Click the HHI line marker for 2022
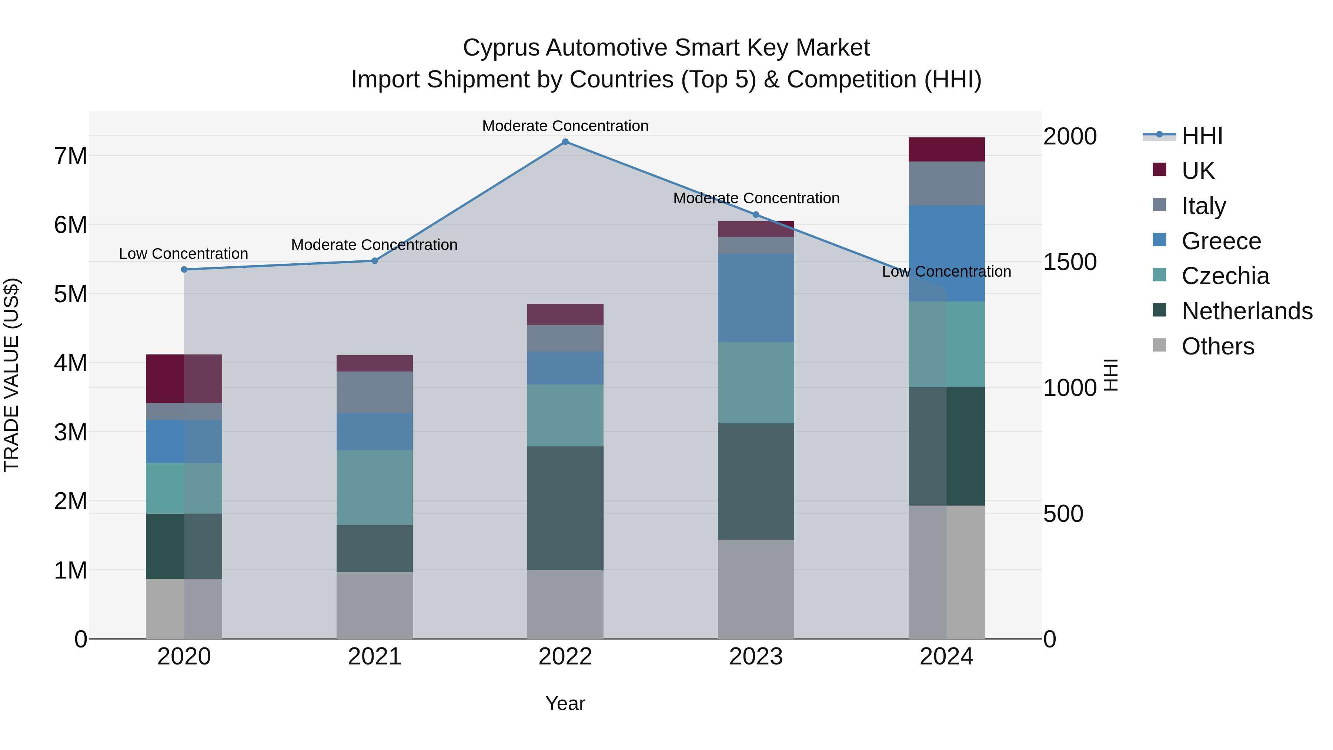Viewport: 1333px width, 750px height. (x=565, y=142)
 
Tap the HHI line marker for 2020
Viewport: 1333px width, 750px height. (x=184, y=270)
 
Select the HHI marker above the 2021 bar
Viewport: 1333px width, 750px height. (x=375, y=261)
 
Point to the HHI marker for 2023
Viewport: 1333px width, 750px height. (x=755, y=214)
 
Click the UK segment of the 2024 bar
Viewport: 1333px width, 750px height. (x=946, y=150)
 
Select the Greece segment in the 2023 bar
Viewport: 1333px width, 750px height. (x=755, y=298)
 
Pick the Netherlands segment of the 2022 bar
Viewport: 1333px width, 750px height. (x=565, y=508)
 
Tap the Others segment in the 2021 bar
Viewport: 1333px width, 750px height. (x=375, y=605)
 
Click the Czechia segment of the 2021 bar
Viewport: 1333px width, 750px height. (x=375, y=487)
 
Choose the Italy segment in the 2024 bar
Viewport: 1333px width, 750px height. (x=946, y=183)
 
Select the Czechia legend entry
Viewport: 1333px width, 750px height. (x=1225, y=276)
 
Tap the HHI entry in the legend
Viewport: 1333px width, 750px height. (x=1202, y=136)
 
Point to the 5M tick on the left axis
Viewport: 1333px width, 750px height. (x=70, y=294)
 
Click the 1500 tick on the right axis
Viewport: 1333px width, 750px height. (x=1069, y=262)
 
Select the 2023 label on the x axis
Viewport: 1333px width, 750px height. (x=755, y=657)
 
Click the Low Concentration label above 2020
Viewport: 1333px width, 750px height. (x=184, y=254)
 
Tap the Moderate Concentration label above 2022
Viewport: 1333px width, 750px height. (x=565, y=126)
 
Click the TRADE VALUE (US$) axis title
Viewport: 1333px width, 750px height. (x=11, y=375)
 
